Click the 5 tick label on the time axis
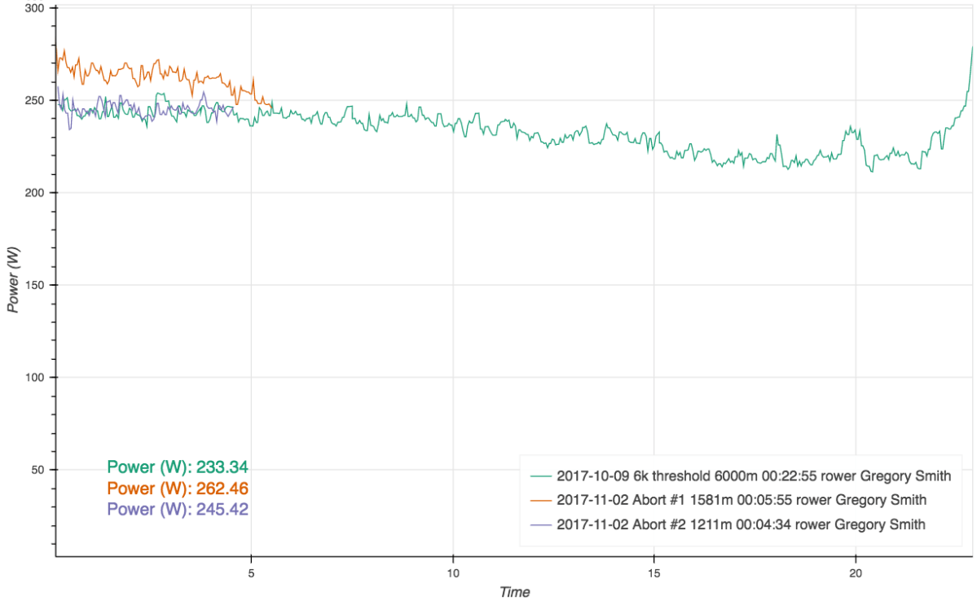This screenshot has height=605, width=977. point(251,572)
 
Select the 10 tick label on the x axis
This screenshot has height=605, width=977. point(452,572)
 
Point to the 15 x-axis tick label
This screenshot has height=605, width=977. point(654,572)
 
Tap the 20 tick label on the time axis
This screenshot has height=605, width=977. point(855,572)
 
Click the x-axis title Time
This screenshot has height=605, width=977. point(514,592)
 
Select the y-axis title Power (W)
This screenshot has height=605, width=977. point(13,279)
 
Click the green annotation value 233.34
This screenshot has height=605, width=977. point(222,467)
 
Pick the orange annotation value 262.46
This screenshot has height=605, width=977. point(222,489)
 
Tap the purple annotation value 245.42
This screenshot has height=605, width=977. point(222,509)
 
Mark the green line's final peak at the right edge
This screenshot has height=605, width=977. point(972,47)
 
